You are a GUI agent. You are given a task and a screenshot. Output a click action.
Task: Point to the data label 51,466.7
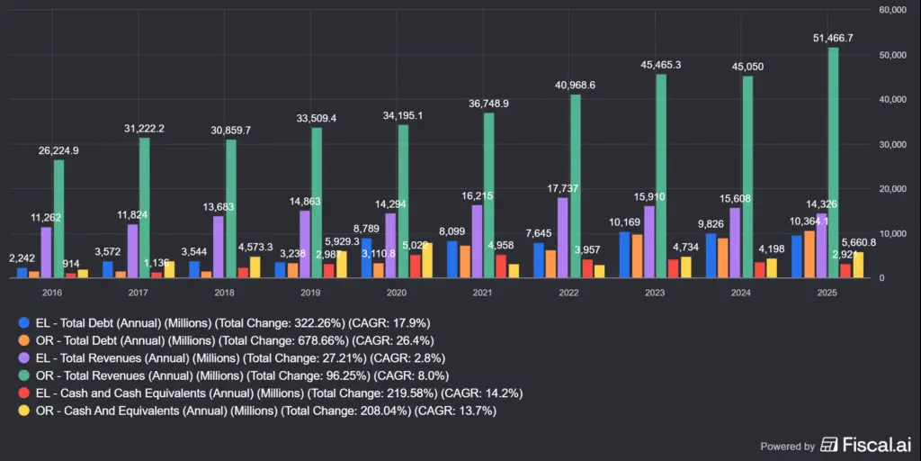tap(833, 39)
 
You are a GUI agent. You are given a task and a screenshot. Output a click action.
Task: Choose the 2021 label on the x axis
tap(482, 293)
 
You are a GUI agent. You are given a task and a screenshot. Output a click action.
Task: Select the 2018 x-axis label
tap(224, 293)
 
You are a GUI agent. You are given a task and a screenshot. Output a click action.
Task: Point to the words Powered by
tap(788, 446)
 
